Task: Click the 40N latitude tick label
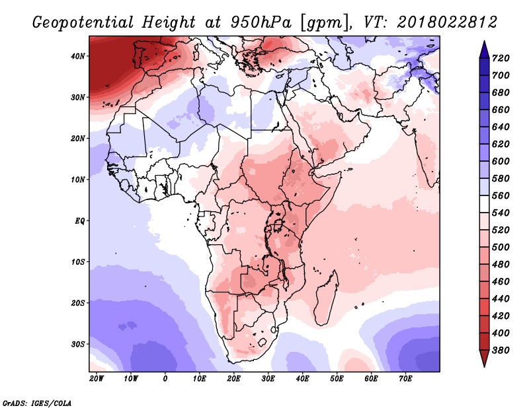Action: click(x=78, y=56)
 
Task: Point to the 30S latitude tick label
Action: click(x=78, y=344)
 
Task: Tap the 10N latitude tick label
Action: click(x=78, y=180)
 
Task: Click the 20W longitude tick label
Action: click(x=96, y=379)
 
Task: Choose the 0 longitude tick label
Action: click(x=165, y=379)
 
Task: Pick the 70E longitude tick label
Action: click(x=405, y=379)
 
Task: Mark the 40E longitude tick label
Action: click(x=302, y=379)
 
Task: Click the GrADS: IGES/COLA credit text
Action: click(x=37, y=402)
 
